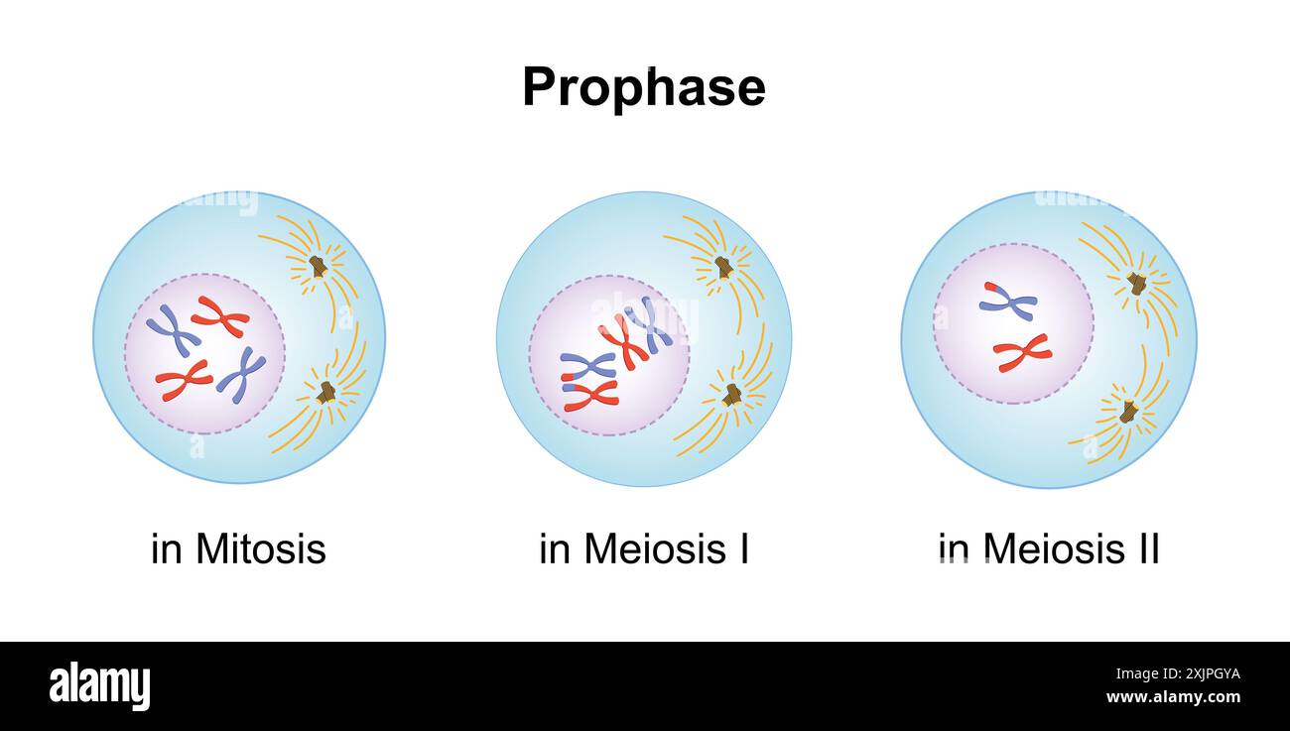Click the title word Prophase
click(643, 87)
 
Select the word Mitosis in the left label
click(261, 548)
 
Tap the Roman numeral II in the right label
click(1147, 548)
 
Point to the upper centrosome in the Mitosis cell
click(318, 266)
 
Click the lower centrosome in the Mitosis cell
click(325, 392)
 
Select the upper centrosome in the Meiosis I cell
click(724, 267)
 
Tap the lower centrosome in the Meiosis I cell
click(732, 395)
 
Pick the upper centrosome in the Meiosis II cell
click(1137, 284)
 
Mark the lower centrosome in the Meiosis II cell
click(1128, 411)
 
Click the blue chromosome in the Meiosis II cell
click(1008, 302)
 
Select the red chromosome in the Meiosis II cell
click(1022, 352)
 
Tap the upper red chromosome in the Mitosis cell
click(220, 316)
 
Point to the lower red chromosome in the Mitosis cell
click(184, 379)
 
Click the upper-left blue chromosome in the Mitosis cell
click(174, 330)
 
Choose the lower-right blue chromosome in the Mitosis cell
click(241, 374)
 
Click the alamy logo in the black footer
click(99, 686)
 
